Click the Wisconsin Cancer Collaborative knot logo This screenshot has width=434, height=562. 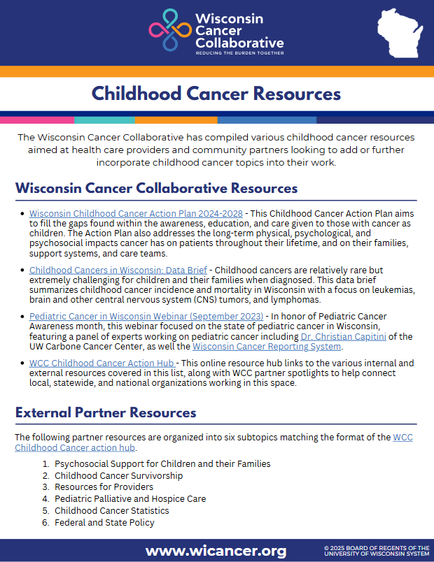click(x=169, y=29)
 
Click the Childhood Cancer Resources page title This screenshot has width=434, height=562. click(x=216, y=93)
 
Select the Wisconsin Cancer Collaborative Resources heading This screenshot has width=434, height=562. click(x=156, y=189)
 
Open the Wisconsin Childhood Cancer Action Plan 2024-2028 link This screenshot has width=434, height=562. click(x=136, y=213)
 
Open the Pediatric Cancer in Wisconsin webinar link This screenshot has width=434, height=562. click(x=146, y=317)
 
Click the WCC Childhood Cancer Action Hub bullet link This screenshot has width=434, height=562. click(x=102, y=363)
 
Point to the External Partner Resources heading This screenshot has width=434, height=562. click(x=106, y=412)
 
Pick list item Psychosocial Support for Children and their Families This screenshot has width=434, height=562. click(x=162, y=463)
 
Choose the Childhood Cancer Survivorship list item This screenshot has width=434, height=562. click(x=118, y=475)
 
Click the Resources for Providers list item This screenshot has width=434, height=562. click(x=104, y=487)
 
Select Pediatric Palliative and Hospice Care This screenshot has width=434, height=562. click(x=130, y=499)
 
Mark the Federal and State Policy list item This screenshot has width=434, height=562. click(x=104, y=523)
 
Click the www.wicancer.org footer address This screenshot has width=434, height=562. click(x=216, y=551)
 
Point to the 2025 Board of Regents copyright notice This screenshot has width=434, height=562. click(x=376, y=551)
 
